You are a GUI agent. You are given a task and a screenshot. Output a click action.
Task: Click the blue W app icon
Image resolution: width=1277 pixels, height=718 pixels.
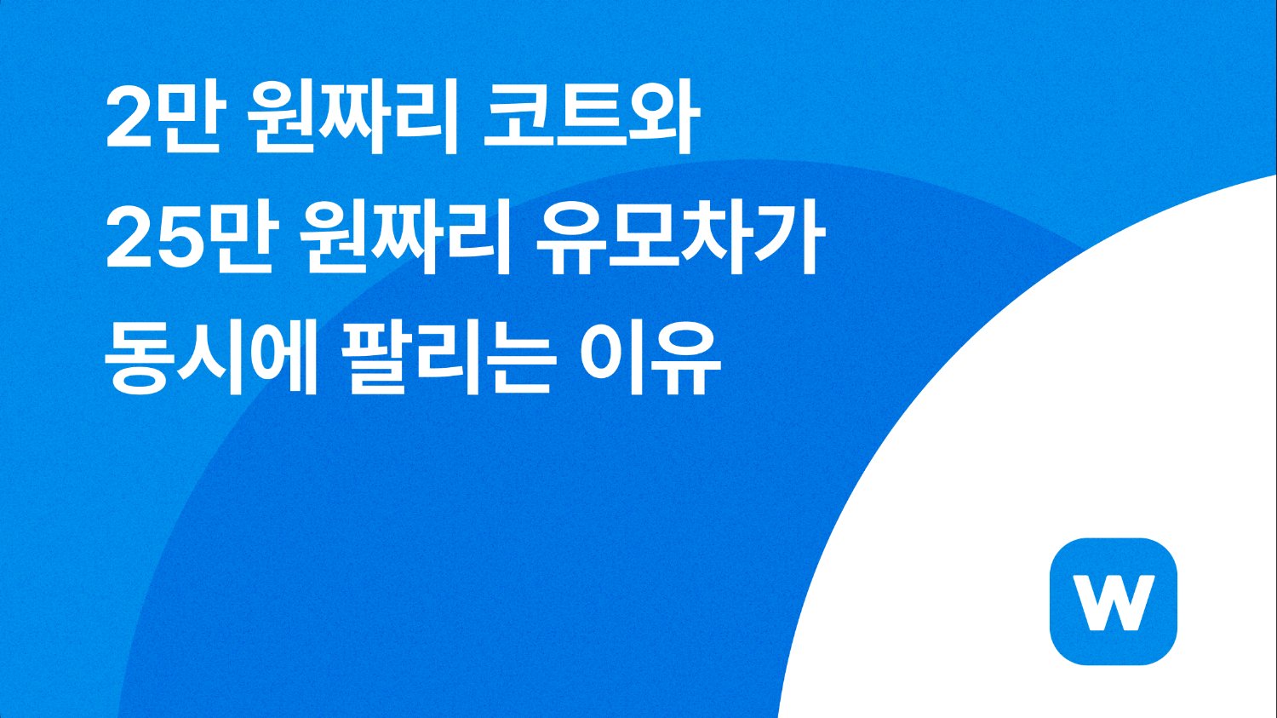click(1114, 601)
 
